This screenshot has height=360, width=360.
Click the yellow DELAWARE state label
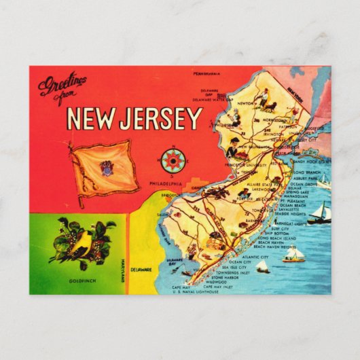141,270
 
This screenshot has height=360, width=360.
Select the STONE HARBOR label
227,277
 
